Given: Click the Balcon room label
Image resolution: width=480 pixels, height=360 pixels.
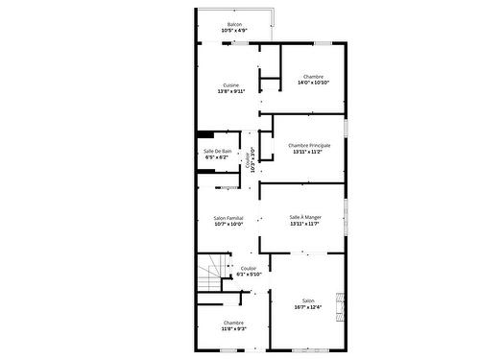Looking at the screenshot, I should (x=234, y=24).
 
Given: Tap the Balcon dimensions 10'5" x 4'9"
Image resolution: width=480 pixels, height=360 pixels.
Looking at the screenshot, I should (x=234, y=31).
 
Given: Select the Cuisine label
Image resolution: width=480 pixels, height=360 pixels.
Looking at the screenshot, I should (x=231, y=84).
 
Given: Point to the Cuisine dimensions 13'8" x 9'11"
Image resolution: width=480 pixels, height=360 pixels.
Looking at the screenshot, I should (x=231, y=91).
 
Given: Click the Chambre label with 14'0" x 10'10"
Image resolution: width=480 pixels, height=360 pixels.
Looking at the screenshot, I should (x=313, y=76).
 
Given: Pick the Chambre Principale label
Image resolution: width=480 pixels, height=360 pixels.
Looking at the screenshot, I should (x=316, y=145).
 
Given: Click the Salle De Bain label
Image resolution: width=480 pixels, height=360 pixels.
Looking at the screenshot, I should (x=217, y=151).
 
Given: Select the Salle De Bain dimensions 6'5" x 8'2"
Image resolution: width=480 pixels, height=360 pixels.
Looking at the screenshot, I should (x=217, y=157).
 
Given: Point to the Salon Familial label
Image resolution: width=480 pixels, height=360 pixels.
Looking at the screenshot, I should (x=228, y=218).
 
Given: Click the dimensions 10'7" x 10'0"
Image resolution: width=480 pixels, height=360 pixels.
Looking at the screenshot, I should (x=228, y=225).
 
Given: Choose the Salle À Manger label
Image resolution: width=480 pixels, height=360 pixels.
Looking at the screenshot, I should (x=305, y=217).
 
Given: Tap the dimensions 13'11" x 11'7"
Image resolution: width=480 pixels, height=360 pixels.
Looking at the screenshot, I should (x=305, y=224).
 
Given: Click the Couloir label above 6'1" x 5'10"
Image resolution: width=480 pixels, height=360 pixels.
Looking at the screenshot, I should (x=249, y=268).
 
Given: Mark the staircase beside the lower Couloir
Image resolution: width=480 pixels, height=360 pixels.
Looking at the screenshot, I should (x=212, y=275).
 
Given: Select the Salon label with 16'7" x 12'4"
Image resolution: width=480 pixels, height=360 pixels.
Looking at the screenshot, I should (x=308, y=300).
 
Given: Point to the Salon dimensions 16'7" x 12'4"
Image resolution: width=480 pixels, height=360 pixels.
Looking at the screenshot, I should (x=308, y=306).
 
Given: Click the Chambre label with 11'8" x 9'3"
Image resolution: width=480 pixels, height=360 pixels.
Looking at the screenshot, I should (x=234, y=323).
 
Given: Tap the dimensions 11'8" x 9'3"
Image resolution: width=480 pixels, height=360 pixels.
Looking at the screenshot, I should (x=234, y=329).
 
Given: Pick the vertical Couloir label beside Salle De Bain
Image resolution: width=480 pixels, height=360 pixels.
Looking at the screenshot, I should (x=248, y=158).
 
